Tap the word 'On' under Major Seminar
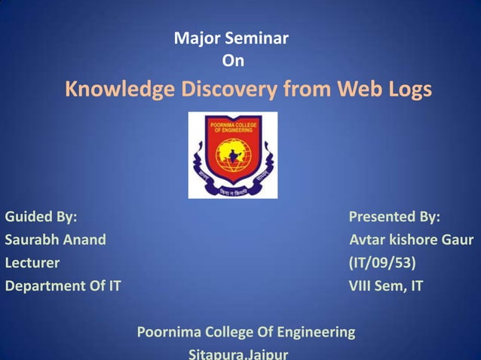233,60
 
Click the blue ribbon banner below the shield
232,191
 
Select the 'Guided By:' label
41,218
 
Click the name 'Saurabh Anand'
56,241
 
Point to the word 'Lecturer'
32,264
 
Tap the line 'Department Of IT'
63,286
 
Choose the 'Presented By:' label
394,218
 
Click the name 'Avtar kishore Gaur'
412,241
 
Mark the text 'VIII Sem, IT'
386,286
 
